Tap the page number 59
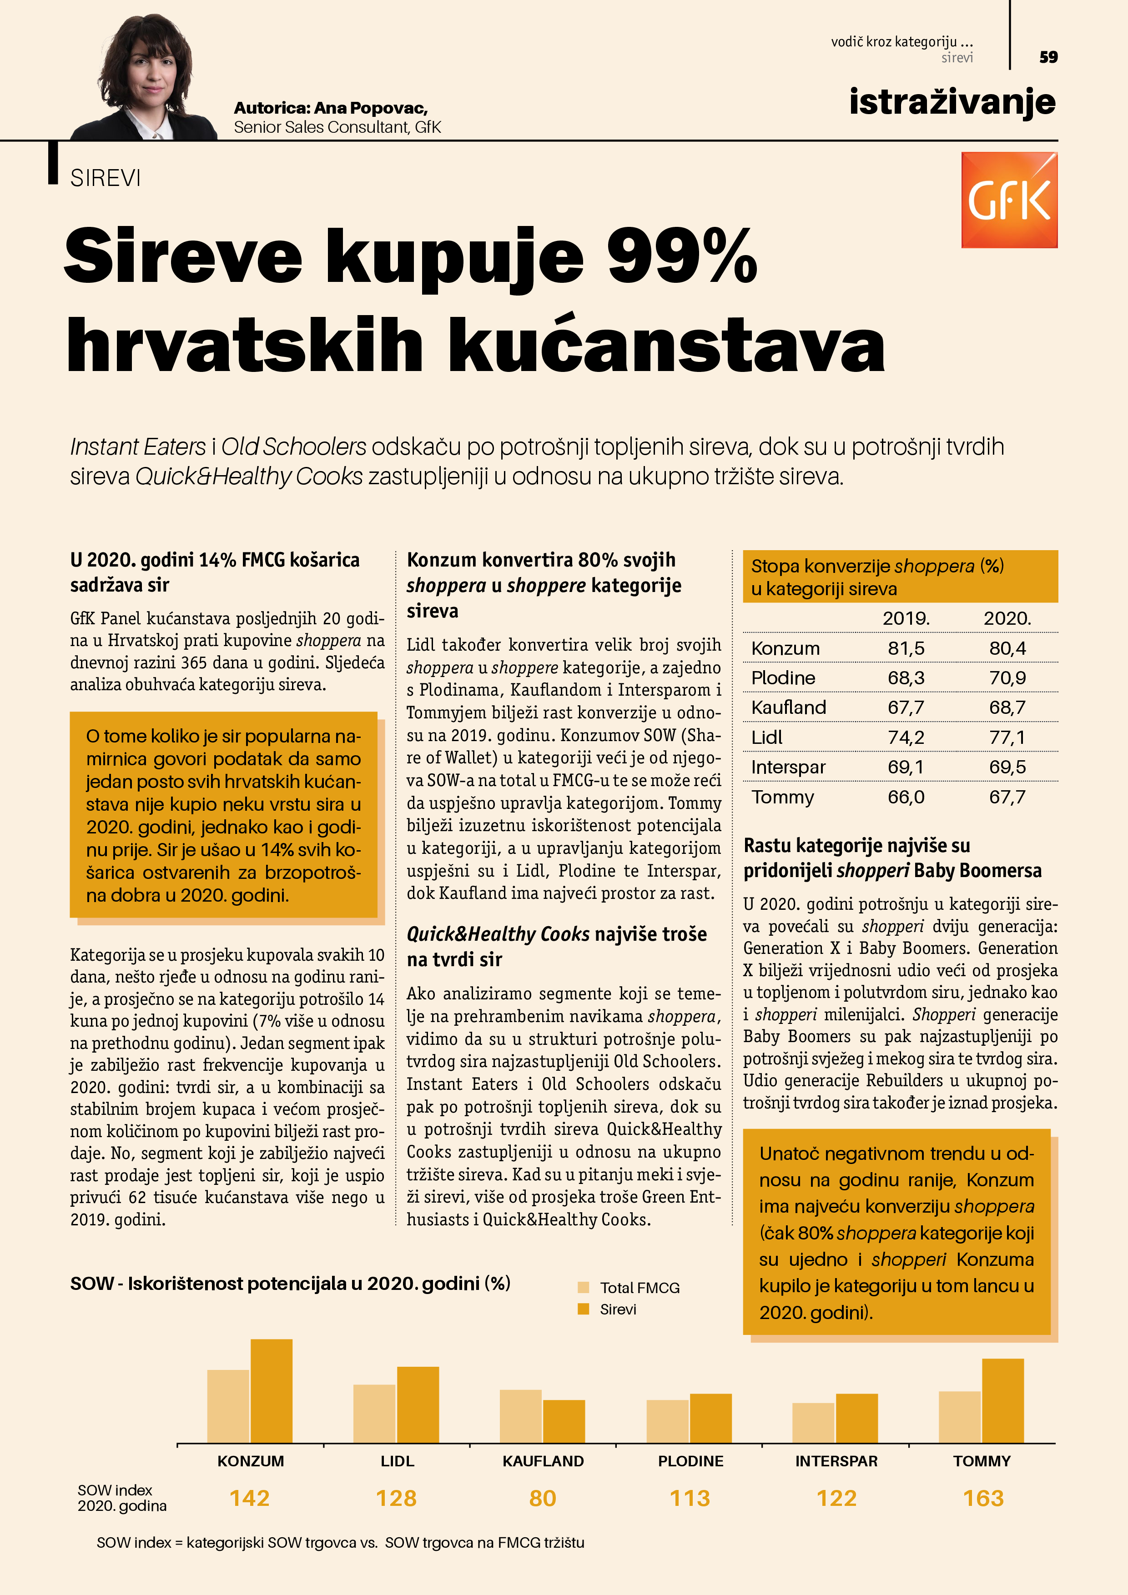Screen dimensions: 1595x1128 [1048, 57]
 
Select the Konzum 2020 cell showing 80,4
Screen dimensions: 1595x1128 [1007, 648]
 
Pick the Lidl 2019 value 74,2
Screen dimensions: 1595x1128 [906, 737]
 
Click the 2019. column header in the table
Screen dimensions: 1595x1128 [906, 618]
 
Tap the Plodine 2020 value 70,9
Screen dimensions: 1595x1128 [1007, 678]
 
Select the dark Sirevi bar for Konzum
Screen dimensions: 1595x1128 [271, 1391]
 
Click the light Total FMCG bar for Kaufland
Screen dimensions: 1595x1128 [520, 1416]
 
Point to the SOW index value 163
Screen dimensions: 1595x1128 [983, 1498]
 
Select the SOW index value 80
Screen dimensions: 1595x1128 [542, 1498]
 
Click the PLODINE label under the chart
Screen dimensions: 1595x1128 [690, 1461]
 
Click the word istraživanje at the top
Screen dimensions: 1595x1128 [952, 102]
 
